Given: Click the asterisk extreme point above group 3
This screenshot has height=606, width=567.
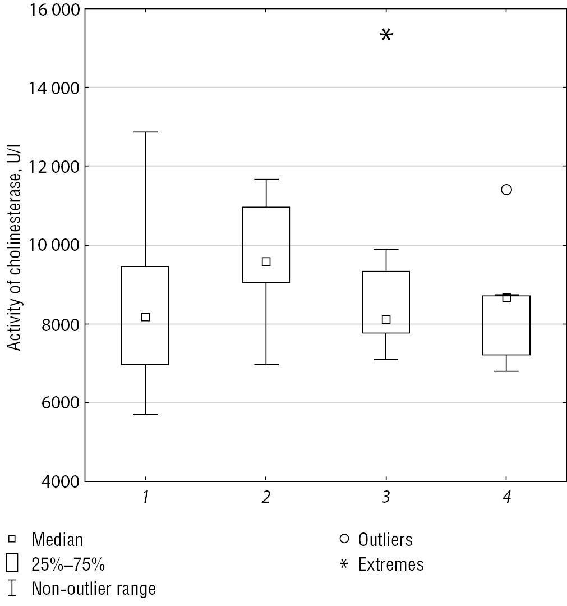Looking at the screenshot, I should pyautogui.click(x=386, y=35).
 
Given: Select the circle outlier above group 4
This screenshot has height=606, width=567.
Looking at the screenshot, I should pyautogui.click(x=506, y=190).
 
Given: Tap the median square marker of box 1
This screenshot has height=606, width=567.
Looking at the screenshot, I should pyautogui.click(x=145, y=317).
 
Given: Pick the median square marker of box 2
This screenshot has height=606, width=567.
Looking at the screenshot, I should pyautogui.click(x=266, y=261).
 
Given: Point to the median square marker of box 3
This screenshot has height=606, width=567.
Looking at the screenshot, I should pyautogui.click(x=386, y=320).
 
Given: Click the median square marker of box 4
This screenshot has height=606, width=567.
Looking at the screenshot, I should pyautogui.click(x=506, y=297).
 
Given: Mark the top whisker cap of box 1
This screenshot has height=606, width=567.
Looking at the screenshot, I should pyautogui.click(x=145, y=132).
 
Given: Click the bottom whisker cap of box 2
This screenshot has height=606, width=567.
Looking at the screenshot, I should pyautogui.click(x=266, y=365).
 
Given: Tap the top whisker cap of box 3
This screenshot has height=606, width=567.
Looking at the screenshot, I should pyautogui.click(x=386, y=250).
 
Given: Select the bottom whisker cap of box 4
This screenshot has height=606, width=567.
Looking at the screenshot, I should pyautogui.click(x=506, y=371).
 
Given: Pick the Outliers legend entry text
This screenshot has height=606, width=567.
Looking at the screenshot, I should pyautogui.click(x=385, y=540).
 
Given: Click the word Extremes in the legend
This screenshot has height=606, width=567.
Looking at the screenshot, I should pyautogui.click(x=391, y=564).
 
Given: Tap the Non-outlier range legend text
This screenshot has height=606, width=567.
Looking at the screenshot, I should pyautogui.click(x=94, y=589).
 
